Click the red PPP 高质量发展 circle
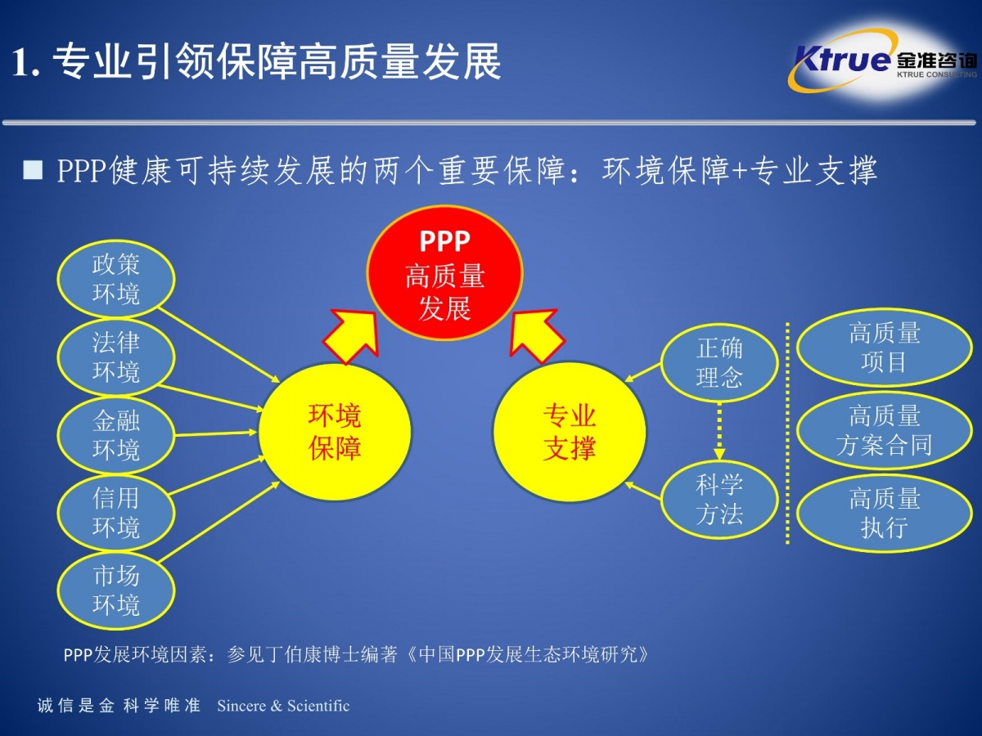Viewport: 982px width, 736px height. pos(444,273)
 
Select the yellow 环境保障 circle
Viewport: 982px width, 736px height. pos(335,432)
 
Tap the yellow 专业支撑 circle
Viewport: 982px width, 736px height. pos(570,432)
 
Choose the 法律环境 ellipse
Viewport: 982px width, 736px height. pos(116,357)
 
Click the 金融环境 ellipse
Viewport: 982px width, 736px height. pos(116,435)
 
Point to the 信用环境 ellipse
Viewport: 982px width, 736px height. pos(116,513)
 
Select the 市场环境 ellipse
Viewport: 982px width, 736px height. pos(116,590)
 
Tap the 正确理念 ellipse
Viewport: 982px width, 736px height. pos(719,362)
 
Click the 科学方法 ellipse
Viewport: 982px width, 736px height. pos(719,499)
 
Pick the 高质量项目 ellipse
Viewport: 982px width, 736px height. pos(884,348)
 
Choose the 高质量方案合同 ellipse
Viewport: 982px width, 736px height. pos(884,430)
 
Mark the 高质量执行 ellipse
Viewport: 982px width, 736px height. pos(884,513)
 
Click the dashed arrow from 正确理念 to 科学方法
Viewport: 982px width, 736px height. pos(719,431)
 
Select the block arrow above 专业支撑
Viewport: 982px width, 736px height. pos(536,335)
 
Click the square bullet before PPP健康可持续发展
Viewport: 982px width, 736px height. pos(33,170)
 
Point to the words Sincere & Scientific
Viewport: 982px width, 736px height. pos(283,706)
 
